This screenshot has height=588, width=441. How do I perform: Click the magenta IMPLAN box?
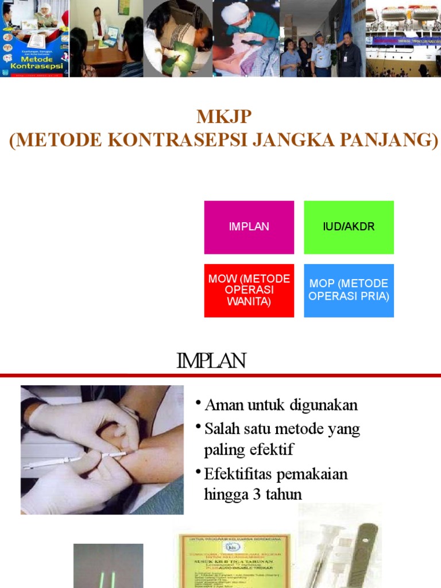(249, 227)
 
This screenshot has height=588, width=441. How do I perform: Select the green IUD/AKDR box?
(349, 227)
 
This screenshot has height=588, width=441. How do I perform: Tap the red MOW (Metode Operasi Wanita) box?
(249, 290)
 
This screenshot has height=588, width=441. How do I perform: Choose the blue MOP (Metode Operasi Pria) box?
(349, 290)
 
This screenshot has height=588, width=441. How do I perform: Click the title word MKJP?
(224, 117)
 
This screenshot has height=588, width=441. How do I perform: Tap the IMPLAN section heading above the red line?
(211, 361)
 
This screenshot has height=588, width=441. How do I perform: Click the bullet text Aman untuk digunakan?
(281, 405)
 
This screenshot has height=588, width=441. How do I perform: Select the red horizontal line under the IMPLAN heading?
(220, 376)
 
